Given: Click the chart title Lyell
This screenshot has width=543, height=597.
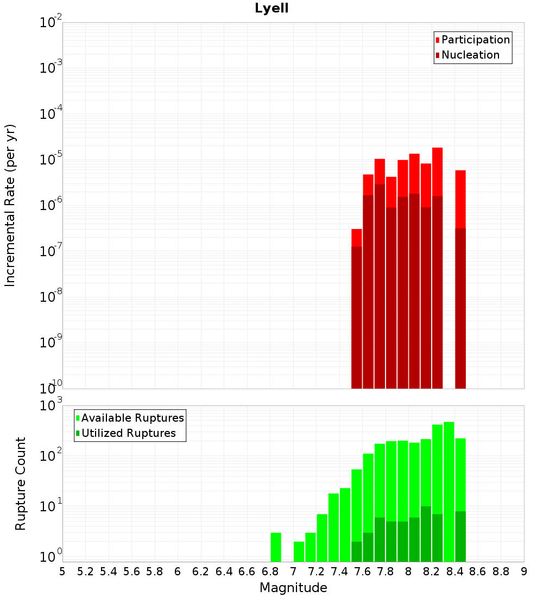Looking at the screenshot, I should point(271,9).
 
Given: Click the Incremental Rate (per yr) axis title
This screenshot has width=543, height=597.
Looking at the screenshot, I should point(10,206).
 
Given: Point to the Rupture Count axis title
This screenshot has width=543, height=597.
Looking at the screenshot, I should point(21,484).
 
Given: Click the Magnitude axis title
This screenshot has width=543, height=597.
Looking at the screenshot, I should point(293,588).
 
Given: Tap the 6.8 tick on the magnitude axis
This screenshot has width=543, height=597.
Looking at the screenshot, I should point(270,571).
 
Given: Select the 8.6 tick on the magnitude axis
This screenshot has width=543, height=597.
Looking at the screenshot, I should point(478,571).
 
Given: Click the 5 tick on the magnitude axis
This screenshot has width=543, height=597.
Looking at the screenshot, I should point(62,571).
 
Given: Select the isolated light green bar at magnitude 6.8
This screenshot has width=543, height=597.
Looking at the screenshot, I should point(276,547).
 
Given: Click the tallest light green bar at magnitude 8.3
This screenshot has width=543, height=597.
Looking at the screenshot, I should point(449,491).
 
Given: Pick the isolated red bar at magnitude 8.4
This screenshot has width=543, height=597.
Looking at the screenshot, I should point(460,280).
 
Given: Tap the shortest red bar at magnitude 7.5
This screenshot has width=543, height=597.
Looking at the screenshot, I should point(357,309).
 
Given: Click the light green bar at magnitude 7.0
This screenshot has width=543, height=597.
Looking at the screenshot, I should point(299,551).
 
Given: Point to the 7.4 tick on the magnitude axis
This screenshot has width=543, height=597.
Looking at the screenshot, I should point(339,571).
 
